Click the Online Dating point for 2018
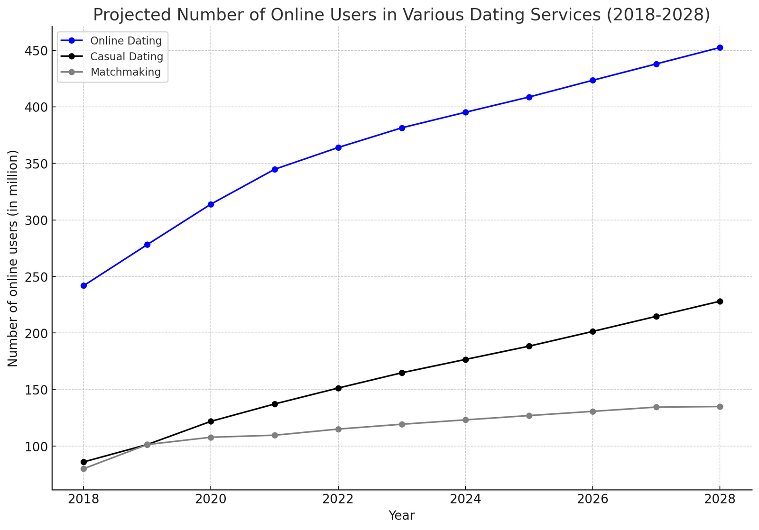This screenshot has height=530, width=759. [x=83, y=286]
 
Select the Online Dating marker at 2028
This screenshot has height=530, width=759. [x=720, y=47]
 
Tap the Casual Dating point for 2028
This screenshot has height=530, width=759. [x=720, y=302]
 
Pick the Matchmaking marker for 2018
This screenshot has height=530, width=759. [x=83, y=469]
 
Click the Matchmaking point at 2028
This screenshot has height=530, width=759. [x=720, y=407]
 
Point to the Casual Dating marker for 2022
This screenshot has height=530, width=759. [x=338, y=388]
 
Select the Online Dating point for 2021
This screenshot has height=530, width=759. [x=275, y=169]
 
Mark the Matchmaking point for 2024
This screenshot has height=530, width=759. [x=465, y=420]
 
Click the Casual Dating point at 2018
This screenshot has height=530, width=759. [x=83, y=462]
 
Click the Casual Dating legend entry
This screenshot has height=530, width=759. [x=127, y=56]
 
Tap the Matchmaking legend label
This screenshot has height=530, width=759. [x=125, y=72]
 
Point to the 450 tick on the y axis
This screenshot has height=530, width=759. [x=37, y=51]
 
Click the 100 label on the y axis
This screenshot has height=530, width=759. [x=37, y=447]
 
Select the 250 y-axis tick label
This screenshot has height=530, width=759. [x=37, y=277]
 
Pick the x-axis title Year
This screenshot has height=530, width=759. [x=401, y=516]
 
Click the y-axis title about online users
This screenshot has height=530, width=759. [x=13, y=258]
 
